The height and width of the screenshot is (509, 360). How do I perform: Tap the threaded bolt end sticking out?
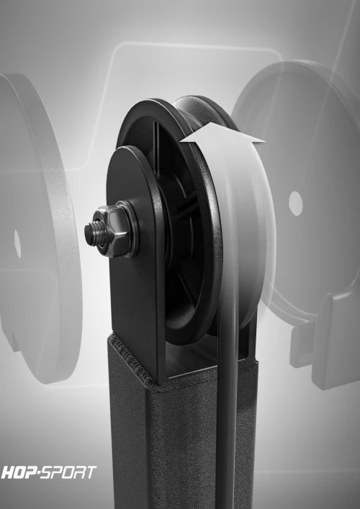click(x=92, y=232)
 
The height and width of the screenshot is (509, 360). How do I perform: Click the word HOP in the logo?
click(x=19, y=472)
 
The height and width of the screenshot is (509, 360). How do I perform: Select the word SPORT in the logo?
click(x=69, y=472)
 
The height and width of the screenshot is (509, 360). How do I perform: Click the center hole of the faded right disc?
click(x=296, y=203)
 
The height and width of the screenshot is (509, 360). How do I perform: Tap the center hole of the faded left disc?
click(x=17, y=243)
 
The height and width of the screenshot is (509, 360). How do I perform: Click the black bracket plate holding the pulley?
click(x=136, y=260)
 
